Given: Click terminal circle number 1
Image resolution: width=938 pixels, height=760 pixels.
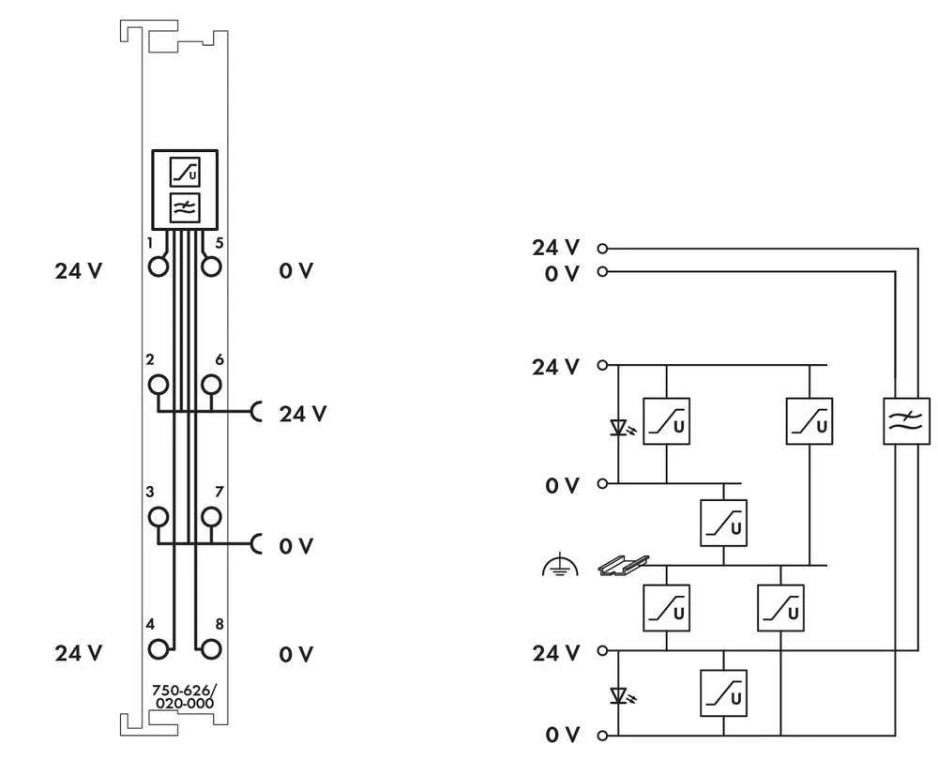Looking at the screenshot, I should point(159,266).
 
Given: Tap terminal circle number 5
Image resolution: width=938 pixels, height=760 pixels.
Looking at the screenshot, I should point(212,266).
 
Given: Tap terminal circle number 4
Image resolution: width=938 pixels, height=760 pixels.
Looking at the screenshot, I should point(159,647).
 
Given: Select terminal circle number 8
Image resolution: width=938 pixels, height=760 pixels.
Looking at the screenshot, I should point(212,647).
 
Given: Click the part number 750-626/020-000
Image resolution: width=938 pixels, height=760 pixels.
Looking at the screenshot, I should point(183,697).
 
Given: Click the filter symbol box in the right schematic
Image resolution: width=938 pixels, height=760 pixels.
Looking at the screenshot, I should point(906,420).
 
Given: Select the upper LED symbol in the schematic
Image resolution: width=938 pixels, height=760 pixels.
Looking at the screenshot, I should point(619,428).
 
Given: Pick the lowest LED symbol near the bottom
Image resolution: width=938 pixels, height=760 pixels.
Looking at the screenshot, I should point(619,695).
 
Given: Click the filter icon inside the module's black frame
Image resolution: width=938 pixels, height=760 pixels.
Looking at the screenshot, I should point(184,207).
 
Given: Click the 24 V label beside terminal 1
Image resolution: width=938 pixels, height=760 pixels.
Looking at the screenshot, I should point(79,272).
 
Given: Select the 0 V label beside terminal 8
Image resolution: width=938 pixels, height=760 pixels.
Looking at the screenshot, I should point(295,654).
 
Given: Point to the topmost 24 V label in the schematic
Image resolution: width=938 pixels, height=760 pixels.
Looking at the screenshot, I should point(556,248).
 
